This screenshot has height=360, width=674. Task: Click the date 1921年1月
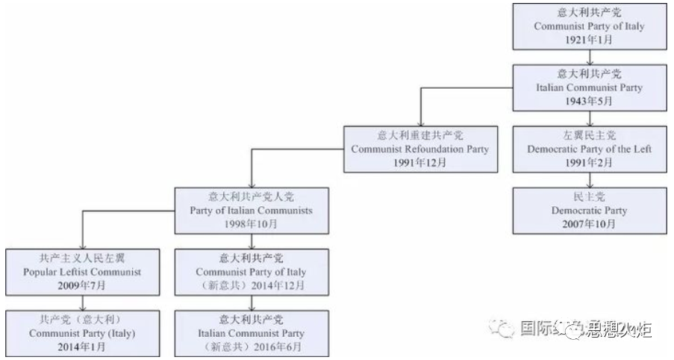(x=589, y=39)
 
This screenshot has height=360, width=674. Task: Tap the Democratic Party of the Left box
(x=589, y=149)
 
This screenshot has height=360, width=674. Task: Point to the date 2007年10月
(x=589, y=223)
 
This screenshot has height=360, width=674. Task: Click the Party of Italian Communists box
(x=251, y=210)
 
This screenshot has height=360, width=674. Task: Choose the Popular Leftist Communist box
(x=82, y=272)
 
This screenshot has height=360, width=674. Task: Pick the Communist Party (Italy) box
(x=82, y=333)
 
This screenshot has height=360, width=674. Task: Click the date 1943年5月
(x=589, y=101)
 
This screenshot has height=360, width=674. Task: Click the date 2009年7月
(x=82, y=285)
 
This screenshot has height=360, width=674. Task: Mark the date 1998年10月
(x=251, y=223)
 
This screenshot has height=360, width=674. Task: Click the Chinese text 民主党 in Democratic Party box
(x=589, y=197)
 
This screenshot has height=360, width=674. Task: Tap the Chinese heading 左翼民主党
(x=589, y=135)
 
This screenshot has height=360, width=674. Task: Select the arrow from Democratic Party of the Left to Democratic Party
(x=589, y=180)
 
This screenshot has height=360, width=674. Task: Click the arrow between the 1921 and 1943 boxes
(x=589, y=58)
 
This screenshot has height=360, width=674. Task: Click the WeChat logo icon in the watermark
(x=502, y=329)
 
